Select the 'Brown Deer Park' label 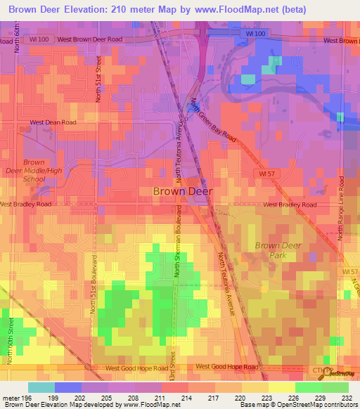pyautogui.click(x=277, y=250)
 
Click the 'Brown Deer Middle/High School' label pyautogui.click(x=34, y=171)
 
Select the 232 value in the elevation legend pyautogui.click(x=348, y=397)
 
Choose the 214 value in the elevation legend pyautogui.click(x=188, y=397)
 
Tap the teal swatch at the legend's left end pyautogui.click(x=41, y=387)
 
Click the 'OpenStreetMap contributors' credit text pyautogui.click(x=316, y=405)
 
